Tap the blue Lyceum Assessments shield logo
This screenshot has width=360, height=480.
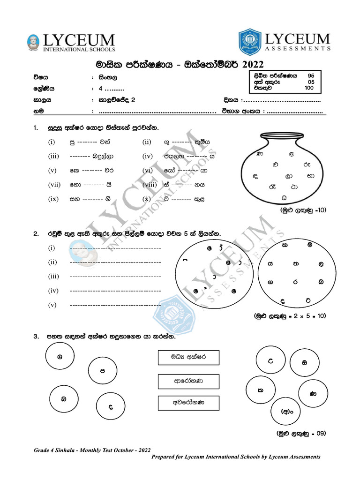coord(249,42)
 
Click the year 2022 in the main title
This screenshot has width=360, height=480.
coord(250,64)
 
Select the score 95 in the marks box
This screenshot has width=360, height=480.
coord(311,75)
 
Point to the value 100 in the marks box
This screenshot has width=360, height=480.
coord(309,88)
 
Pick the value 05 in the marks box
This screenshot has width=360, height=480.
coord(311,82)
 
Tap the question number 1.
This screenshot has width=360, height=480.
coord(36,127)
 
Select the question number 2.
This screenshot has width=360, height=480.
coord(36,233)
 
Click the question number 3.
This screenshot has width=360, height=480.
coord(36,337)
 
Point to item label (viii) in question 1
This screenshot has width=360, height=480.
coord(150,185)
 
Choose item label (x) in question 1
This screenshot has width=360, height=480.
coord(147,199)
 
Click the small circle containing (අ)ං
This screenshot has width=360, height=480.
coord(286,412)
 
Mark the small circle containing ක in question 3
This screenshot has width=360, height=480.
coord(260,390)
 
